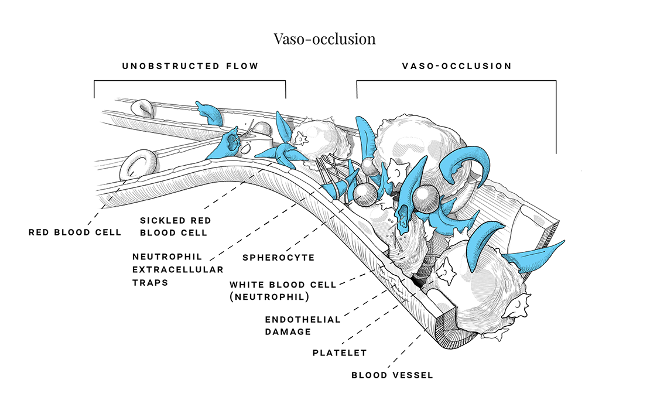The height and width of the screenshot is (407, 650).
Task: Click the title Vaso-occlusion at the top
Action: pos(324,39)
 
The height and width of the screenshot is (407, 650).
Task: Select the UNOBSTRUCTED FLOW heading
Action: pos(190,66)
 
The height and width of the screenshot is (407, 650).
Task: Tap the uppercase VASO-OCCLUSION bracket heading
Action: pos(456,66)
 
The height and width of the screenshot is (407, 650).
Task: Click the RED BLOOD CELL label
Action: pos(75,232)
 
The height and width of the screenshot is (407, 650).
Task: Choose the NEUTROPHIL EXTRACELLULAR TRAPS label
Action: pos(177,269)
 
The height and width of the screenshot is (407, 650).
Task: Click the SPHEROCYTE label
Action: pos(278,258)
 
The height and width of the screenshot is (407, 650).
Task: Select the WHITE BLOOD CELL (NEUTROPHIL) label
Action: pos(283,290)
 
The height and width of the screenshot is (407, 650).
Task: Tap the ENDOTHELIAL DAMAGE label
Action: pos(303,326)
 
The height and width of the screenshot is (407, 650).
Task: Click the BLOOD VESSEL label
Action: pos(392,375)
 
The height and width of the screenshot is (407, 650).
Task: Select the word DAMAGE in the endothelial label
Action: pos(288,331)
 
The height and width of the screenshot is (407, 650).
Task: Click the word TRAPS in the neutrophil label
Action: pos(150,282)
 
